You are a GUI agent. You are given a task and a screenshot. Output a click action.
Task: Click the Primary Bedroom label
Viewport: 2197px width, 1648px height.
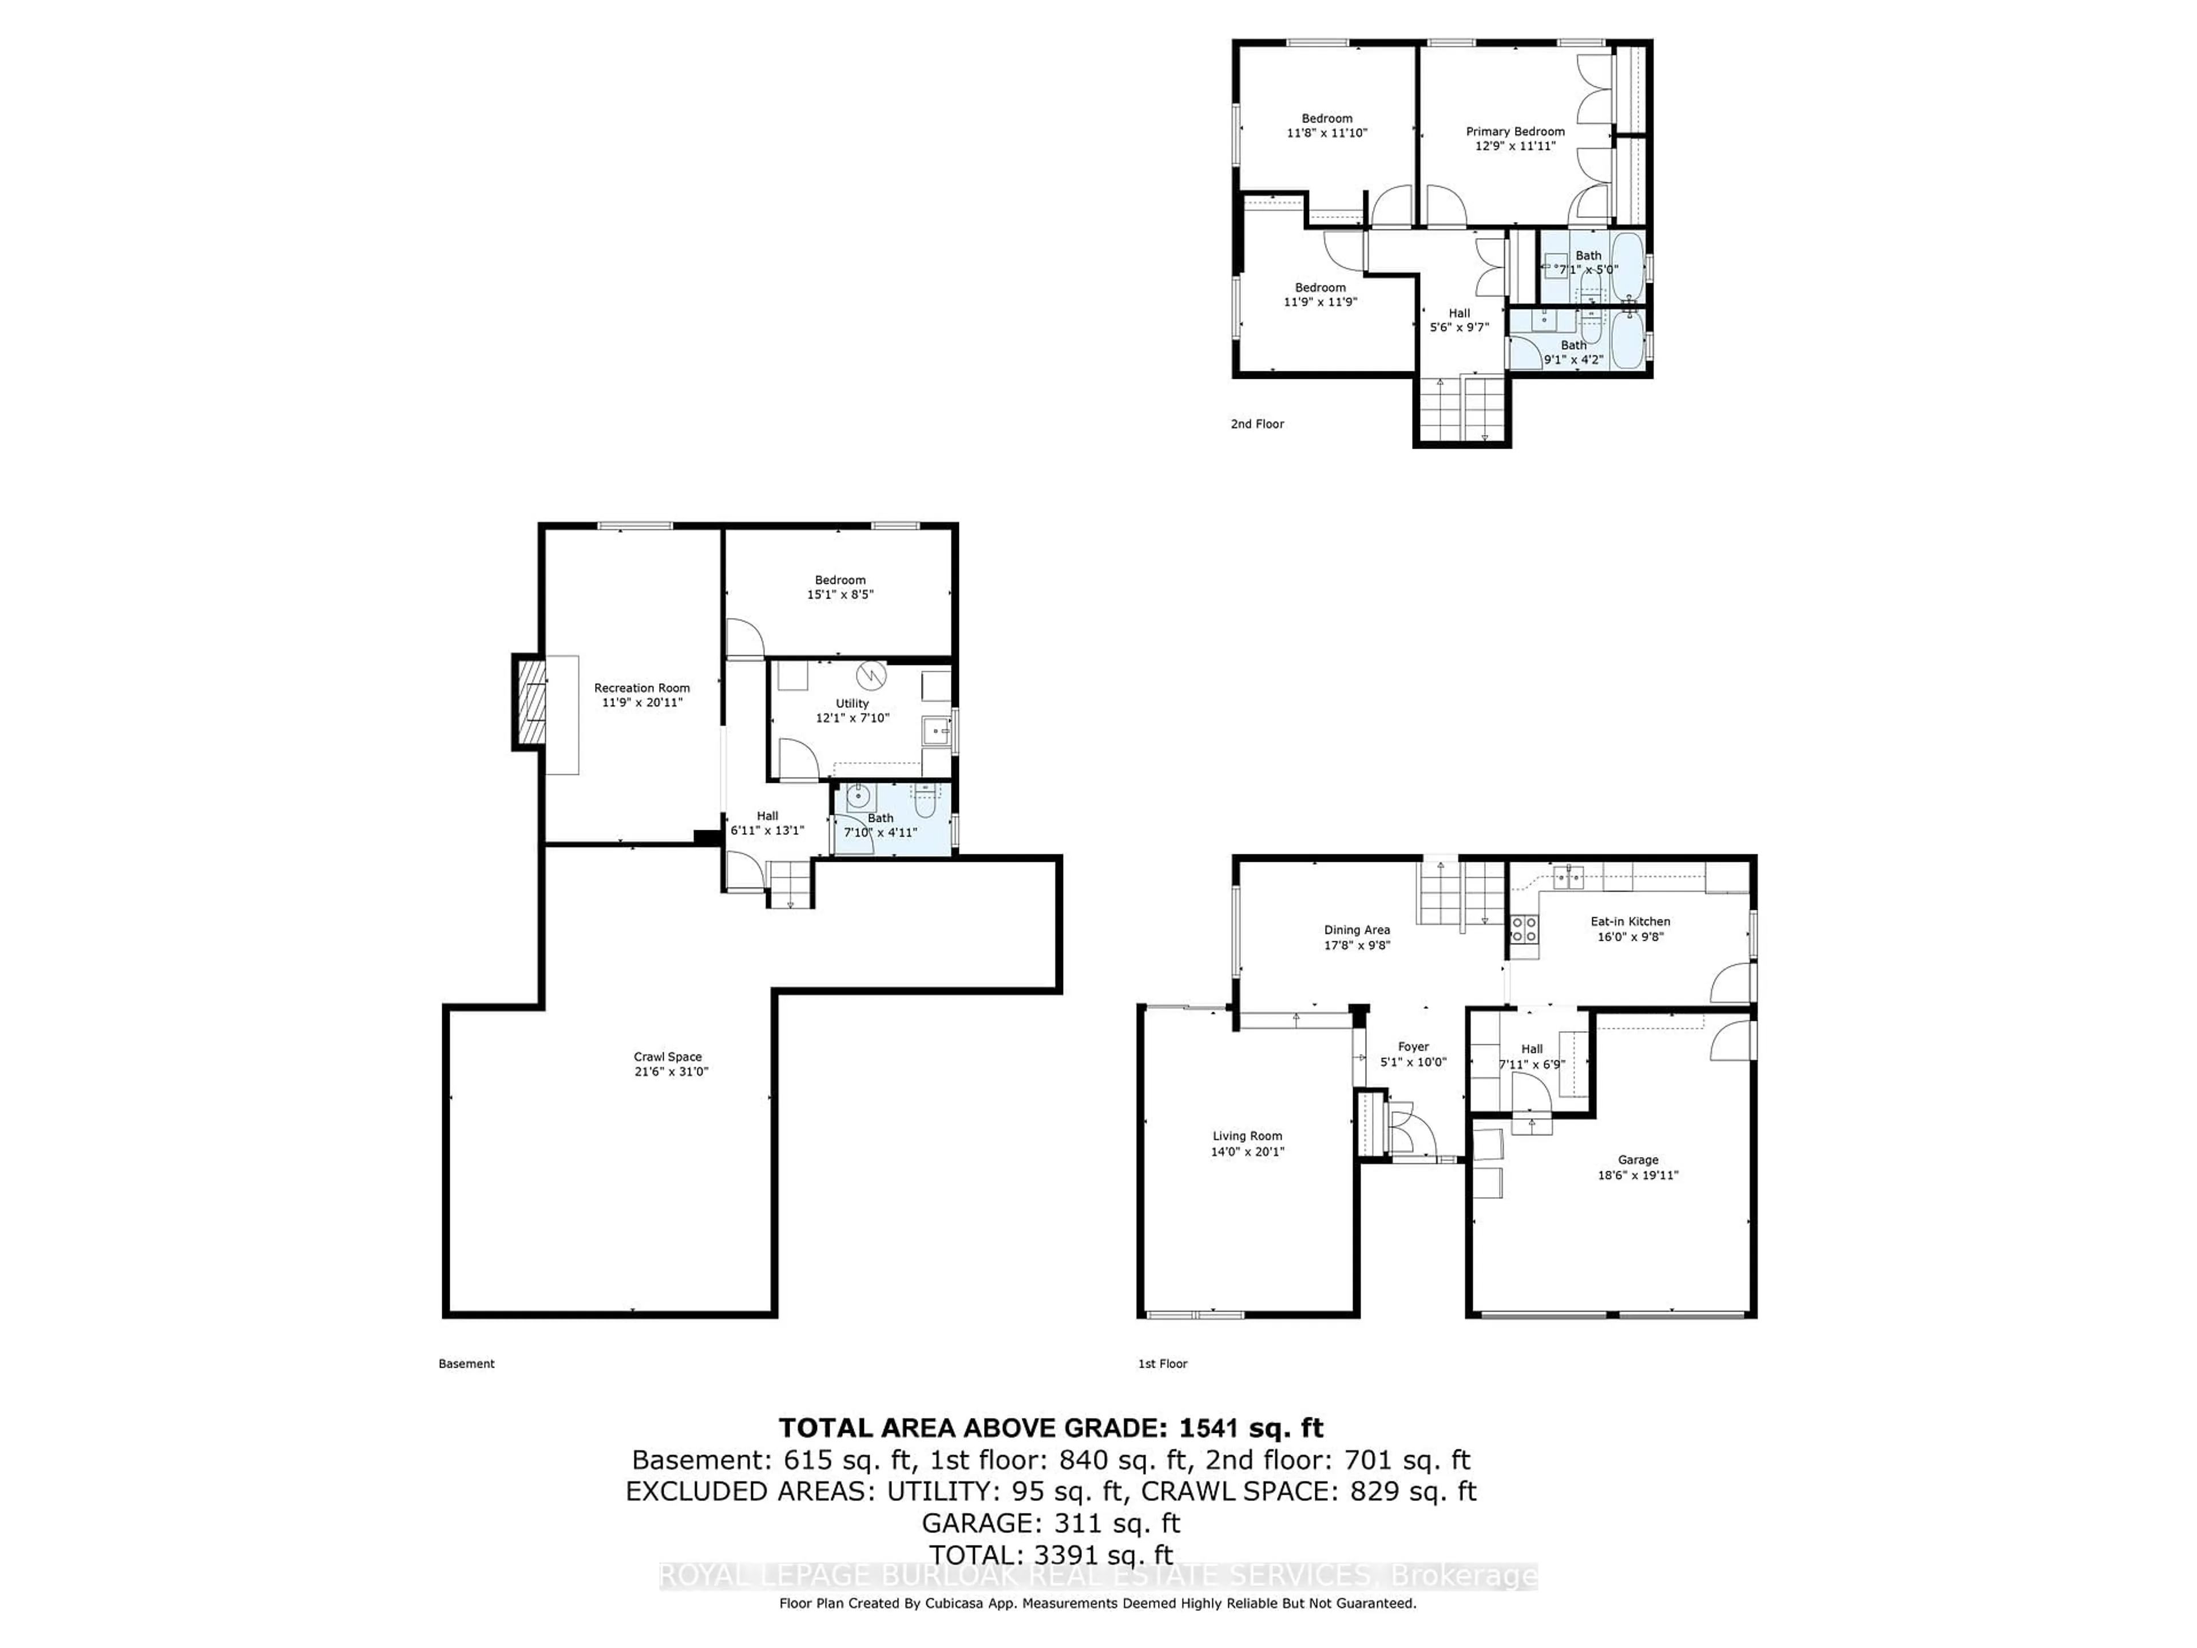coord(1514,131)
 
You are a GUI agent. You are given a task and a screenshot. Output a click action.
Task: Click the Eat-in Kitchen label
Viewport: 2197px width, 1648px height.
coord(1630,921)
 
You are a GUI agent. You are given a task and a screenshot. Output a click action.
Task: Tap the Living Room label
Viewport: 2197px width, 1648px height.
coord(1247,1135)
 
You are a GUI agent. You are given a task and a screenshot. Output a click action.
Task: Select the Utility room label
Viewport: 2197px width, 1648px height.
coord(852,703)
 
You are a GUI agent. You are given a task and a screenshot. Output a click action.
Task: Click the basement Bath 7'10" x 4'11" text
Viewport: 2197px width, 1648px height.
coord(880,833)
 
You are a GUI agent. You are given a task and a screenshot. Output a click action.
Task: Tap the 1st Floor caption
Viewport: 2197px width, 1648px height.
coord(1162,1364)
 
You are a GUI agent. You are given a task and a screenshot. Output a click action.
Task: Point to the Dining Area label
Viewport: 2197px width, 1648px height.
coord(1357,930)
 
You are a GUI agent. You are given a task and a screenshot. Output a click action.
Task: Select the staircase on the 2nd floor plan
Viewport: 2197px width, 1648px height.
coord(1462,409)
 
